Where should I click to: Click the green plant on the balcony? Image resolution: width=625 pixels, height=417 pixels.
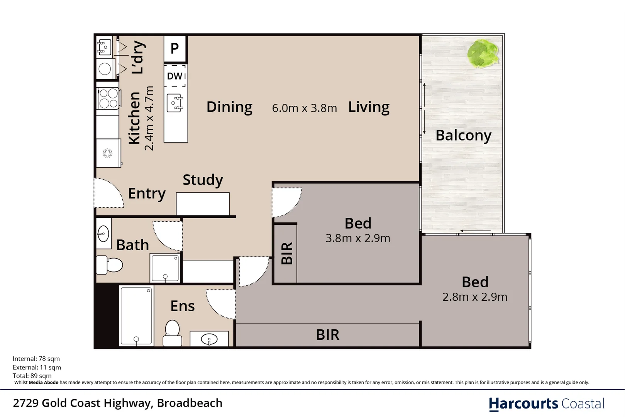(x=483, y=53)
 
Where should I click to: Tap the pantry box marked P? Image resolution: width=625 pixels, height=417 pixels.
(x=175, y=49)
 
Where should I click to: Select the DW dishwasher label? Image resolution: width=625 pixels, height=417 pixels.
(x=175, y=76)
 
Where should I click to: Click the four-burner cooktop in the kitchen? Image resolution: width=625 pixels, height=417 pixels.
(x=108, y=98)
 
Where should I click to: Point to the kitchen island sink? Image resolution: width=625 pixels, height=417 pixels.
(x=175, y=103)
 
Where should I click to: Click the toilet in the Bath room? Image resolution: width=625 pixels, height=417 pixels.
(x=110, y=265)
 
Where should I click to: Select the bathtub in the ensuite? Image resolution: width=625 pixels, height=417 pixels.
(x=136, y=316)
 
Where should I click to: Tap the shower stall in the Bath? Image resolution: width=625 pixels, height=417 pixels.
(x=165, y=268)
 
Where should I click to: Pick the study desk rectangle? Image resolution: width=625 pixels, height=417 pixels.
(x=203, y=203)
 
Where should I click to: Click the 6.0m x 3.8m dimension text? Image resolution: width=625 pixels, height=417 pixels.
(x=304, y=108)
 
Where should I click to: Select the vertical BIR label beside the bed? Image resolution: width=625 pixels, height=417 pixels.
(x=286, y=254)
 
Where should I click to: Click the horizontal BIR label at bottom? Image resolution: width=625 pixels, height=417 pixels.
(x=327, y=335)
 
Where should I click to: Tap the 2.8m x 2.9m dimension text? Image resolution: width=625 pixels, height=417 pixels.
(x=474, y=297)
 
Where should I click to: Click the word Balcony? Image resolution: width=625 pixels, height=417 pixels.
(x=463, y=136)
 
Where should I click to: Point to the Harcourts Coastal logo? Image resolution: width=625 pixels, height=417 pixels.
(x=546, y=403)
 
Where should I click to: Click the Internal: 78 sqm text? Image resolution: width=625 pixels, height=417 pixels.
(x=36, y=359)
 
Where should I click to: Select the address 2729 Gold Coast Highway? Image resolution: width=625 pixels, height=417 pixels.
(x=117, y=403)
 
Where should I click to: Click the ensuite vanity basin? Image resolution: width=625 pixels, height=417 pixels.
(x=209, y=339)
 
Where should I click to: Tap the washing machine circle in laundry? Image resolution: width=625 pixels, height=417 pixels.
(x=105, y=69)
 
